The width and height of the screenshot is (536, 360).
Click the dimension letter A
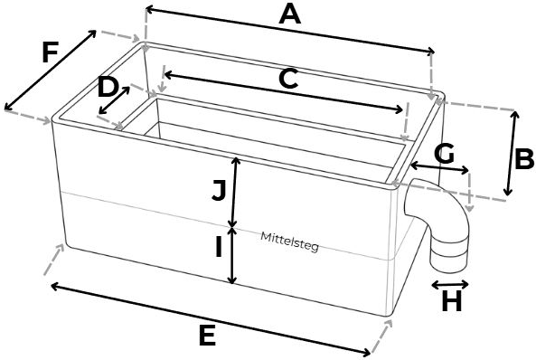click(290, 15)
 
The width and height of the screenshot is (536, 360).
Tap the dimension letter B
click(524, 159)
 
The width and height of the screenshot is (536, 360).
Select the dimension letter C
click(288, 79)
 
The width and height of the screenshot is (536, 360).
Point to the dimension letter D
click(108, 88)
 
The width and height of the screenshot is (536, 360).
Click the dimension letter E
click(207, 336)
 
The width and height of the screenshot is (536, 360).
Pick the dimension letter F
click(51, 52)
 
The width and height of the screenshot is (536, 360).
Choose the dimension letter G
click(444, 153)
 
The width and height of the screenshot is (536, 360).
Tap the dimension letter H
click(452, 302)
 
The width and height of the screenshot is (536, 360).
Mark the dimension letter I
click(219, 248)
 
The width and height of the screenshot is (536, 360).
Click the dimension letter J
click(220, 191)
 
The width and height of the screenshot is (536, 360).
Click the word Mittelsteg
click(289, 242)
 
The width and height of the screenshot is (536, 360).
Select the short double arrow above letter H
click(450, 284)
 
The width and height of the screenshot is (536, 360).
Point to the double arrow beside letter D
click(114, 100)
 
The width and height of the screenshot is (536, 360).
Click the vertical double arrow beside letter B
click(512, 153)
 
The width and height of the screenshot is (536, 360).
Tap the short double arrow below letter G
click(439, 168)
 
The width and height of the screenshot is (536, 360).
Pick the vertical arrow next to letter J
click(234, 192)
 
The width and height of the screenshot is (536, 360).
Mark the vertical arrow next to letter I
click(233, 256)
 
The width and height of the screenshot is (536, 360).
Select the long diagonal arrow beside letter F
click(51, 71)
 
